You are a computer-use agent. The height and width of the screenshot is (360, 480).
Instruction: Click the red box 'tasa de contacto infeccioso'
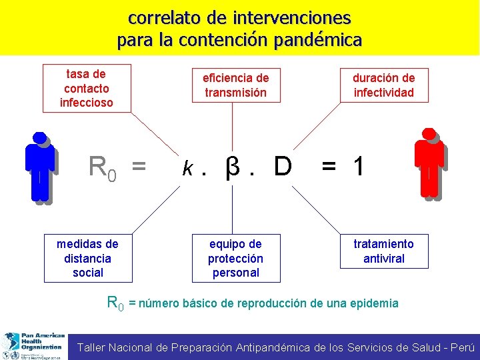87,88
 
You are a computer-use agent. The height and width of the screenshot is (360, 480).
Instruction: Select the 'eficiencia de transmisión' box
235,85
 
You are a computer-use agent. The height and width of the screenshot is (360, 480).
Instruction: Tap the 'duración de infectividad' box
383,85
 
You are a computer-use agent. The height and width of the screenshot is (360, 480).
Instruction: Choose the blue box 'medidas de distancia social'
88,258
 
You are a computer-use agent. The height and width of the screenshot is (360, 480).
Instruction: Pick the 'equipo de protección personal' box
235,258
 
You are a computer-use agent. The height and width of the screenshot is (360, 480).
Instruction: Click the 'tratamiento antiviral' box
383,251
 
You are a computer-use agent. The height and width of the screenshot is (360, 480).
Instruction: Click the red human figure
429,164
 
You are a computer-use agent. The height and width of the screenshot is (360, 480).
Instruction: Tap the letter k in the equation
189,168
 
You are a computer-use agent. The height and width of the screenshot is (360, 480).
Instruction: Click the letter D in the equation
282,167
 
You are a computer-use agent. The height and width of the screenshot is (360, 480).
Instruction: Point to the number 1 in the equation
359,167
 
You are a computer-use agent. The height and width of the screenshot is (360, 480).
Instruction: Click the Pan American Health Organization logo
33,345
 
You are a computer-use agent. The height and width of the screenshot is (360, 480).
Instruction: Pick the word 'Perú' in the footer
463,347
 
